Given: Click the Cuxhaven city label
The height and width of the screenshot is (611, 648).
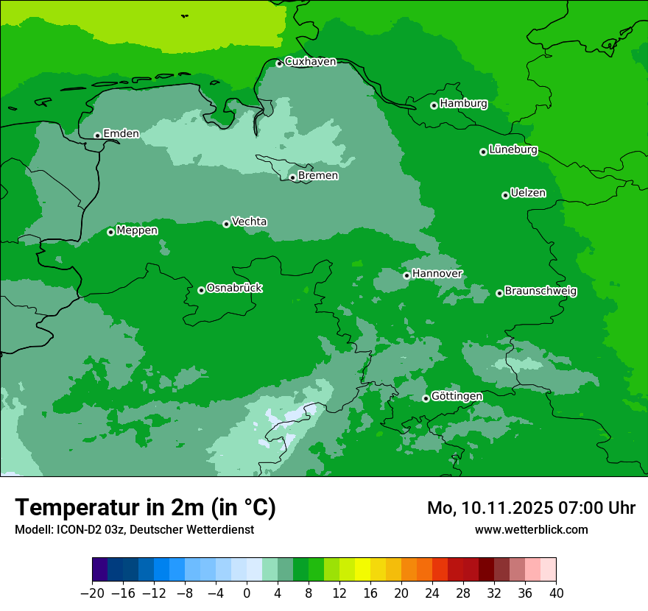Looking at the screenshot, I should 310,62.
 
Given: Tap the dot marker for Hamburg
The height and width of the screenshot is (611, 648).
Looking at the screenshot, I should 434,105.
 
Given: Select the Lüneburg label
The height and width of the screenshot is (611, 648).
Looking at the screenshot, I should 513,149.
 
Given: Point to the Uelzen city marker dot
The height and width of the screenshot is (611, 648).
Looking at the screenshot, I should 505,195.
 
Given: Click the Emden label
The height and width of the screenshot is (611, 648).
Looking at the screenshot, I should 121,133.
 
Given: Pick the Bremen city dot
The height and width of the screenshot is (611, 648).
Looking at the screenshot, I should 292,177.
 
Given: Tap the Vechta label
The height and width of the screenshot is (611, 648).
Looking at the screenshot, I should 249,222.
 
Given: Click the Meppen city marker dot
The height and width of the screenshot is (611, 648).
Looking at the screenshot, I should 110,232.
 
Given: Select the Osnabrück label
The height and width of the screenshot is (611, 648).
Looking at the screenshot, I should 234,288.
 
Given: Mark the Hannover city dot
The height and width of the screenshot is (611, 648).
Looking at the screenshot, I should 406,275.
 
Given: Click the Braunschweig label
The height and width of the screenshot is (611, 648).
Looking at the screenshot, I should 540,292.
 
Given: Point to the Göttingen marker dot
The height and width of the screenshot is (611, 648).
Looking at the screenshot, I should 426,398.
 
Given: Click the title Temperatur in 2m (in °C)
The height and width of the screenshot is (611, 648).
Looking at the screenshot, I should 145,508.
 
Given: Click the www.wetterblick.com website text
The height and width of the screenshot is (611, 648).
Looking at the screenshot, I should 531,529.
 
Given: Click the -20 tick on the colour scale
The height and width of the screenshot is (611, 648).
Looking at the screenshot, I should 92,593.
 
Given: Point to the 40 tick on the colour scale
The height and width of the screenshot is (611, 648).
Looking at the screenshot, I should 556,593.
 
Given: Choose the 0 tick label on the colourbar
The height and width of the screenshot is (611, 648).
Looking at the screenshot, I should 247,593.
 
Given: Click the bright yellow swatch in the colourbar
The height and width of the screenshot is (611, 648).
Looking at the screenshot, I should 362,570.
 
